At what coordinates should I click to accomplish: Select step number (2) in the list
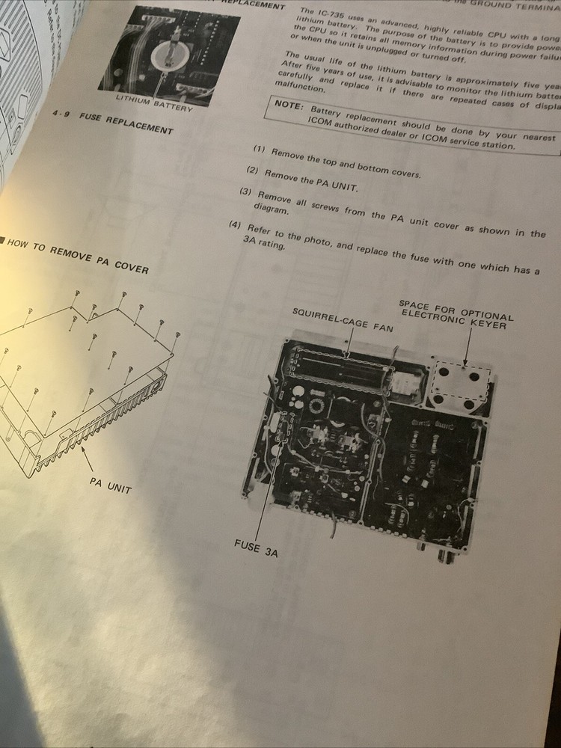pyautogui.click(x=252, y=171)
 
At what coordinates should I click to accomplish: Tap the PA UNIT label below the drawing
pyautogui.click(x=110, y=485)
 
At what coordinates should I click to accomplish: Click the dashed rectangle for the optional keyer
pyautogui.click(x=461, y=383)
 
